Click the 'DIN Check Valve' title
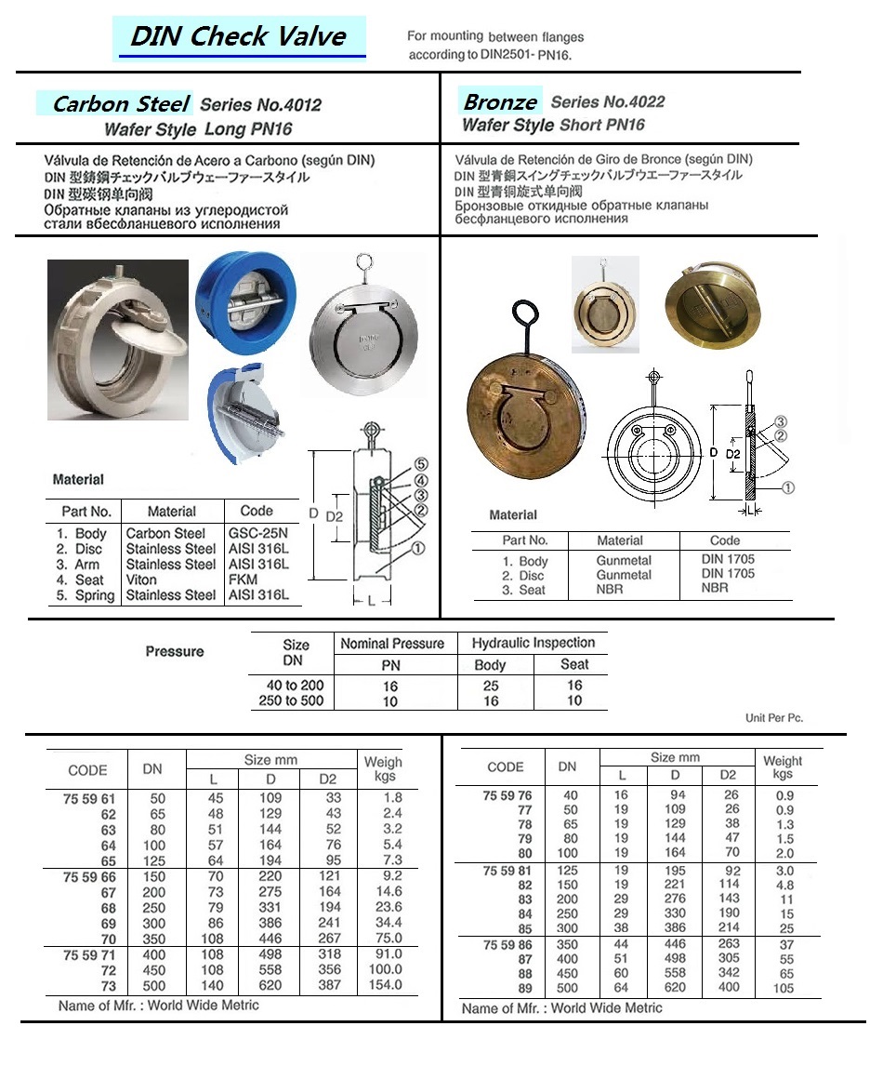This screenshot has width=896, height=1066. pos(238,37)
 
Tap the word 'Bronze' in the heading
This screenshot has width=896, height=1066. pos(500,102)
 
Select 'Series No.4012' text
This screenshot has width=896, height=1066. pos(260,106)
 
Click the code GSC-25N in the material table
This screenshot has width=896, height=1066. pos(257,534)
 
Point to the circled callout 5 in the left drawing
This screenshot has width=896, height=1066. pos(420,463)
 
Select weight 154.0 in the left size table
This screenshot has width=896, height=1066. pos(384,985)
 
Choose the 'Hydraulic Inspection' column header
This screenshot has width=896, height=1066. pos(533,643)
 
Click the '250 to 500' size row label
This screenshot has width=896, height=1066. pos(291,700)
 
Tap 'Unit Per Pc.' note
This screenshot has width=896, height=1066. pos(773,718)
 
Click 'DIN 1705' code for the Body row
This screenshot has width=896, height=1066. pos(728,559)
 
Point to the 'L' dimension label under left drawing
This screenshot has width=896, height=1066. pos(373,602)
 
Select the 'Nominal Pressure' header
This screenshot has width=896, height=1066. pos(392,644)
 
